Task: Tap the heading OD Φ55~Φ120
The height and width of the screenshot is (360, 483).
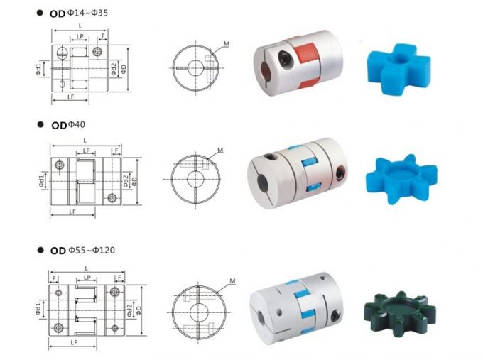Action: tap(82, 250)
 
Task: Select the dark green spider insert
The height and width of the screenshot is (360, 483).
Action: tap(398, 306)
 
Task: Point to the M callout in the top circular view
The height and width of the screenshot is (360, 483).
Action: tap(226, 44)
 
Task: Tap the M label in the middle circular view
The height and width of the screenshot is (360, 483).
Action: tap(220, 151)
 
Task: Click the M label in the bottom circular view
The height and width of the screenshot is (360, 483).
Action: tap(233, 281)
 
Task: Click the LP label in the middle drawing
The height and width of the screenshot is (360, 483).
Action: tap(87, 151)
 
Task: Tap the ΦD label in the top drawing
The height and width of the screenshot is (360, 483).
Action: tap(124, 68)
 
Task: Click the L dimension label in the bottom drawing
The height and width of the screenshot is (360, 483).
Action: tap(85, 268)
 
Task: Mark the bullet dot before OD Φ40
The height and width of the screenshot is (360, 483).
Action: tap(40, 125)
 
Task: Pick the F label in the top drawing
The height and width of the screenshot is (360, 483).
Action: tap(104, 34)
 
